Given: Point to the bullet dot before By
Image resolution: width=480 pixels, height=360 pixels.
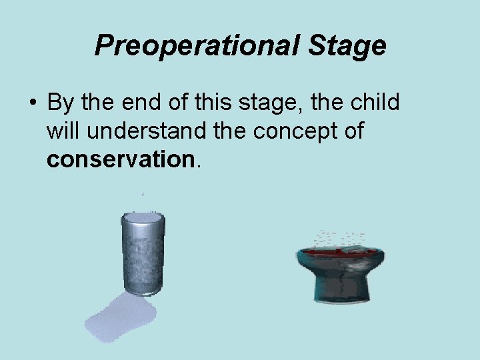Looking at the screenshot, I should (x=32, y=104).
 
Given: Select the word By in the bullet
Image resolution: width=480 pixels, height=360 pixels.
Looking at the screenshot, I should (x=60, y=103).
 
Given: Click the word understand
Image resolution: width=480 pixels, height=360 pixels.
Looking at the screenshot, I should (x=145, y=131).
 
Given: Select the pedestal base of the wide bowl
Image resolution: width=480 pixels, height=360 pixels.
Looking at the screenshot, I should (x=340, y=293).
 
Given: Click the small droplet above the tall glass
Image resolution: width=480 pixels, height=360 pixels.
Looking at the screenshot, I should (x=142, y=194).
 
